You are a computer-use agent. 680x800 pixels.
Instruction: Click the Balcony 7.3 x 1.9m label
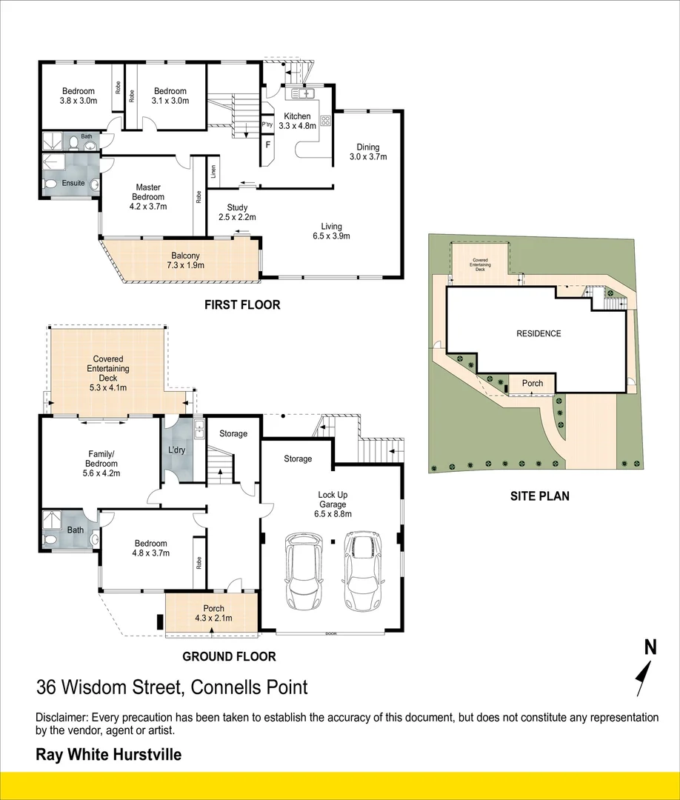(183, 261)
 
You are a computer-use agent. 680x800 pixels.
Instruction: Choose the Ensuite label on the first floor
(73, 183)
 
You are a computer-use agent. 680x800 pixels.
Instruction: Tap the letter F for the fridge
(267, 144)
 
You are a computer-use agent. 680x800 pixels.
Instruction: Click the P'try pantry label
(267, 125)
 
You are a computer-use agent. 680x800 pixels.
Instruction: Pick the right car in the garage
(361, 565)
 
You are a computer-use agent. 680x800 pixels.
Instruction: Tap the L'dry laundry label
(177, 450)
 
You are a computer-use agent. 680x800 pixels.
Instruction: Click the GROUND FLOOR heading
(229, 656)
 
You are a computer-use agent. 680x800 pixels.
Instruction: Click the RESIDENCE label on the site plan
(539, 333)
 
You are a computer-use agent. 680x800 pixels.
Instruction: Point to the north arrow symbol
(644, 670)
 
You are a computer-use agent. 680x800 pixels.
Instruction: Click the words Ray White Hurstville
(109, 756)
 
